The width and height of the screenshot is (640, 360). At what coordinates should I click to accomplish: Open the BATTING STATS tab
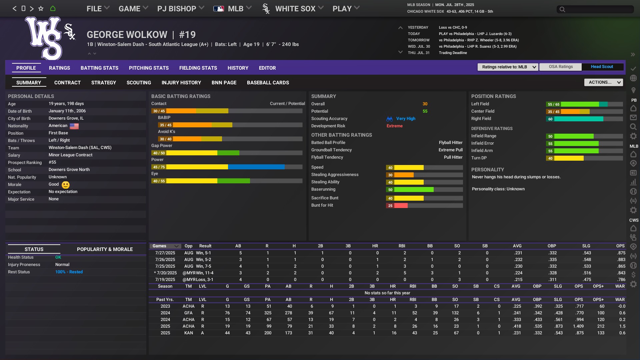(99, 68)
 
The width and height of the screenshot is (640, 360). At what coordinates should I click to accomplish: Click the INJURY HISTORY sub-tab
(181, 83)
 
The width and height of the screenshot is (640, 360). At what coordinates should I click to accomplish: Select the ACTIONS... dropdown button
(603, 82)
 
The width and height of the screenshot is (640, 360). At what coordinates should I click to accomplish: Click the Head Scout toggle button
(602, 67)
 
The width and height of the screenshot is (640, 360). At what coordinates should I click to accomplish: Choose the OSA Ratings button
(561, 67)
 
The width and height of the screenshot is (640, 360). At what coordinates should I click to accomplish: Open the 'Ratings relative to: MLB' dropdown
(507, 67)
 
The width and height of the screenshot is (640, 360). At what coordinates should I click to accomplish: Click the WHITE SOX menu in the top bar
(295, 9)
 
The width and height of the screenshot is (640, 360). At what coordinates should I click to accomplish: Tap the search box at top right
(595, 9)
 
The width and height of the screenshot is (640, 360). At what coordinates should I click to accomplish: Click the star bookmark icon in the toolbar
(41, 9)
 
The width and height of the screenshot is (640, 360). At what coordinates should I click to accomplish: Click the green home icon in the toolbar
(53, 9)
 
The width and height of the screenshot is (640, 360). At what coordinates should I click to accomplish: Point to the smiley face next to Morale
(66, 185)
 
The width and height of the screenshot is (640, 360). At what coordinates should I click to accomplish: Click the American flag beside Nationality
(74, 126)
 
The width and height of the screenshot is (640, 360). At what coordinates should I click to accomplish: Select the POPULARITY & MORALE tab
(105, 249)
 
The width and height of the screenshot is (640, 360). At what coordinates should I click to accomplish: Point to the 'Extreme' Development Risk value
(394, 126)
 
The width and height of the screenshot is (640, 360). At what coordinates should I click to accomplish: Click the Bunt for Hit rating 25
(390, 206)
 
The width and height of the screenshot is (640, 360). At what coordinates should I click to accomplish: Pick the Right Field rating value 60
(550, 119)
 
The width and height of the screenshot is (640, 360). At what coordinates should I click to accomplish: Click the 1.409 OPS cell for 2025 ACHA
(578, 326)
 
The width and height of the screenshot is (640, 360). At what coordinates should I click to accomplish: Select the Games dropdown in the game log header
(165, 246)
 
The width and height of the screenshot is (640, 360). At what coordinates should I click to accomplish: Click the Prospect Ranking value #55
(52, 162)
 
